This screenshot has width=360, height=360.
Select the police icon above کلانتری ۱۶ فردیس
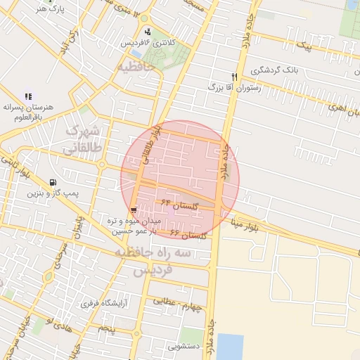pos(147,32)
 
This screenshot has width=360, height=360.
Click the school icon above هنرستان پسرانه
pos(28,96)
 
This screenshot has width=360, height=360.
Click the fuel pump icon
pos(54,181)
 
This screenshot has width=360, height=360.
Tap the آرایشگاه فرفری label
pos(105,304)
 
